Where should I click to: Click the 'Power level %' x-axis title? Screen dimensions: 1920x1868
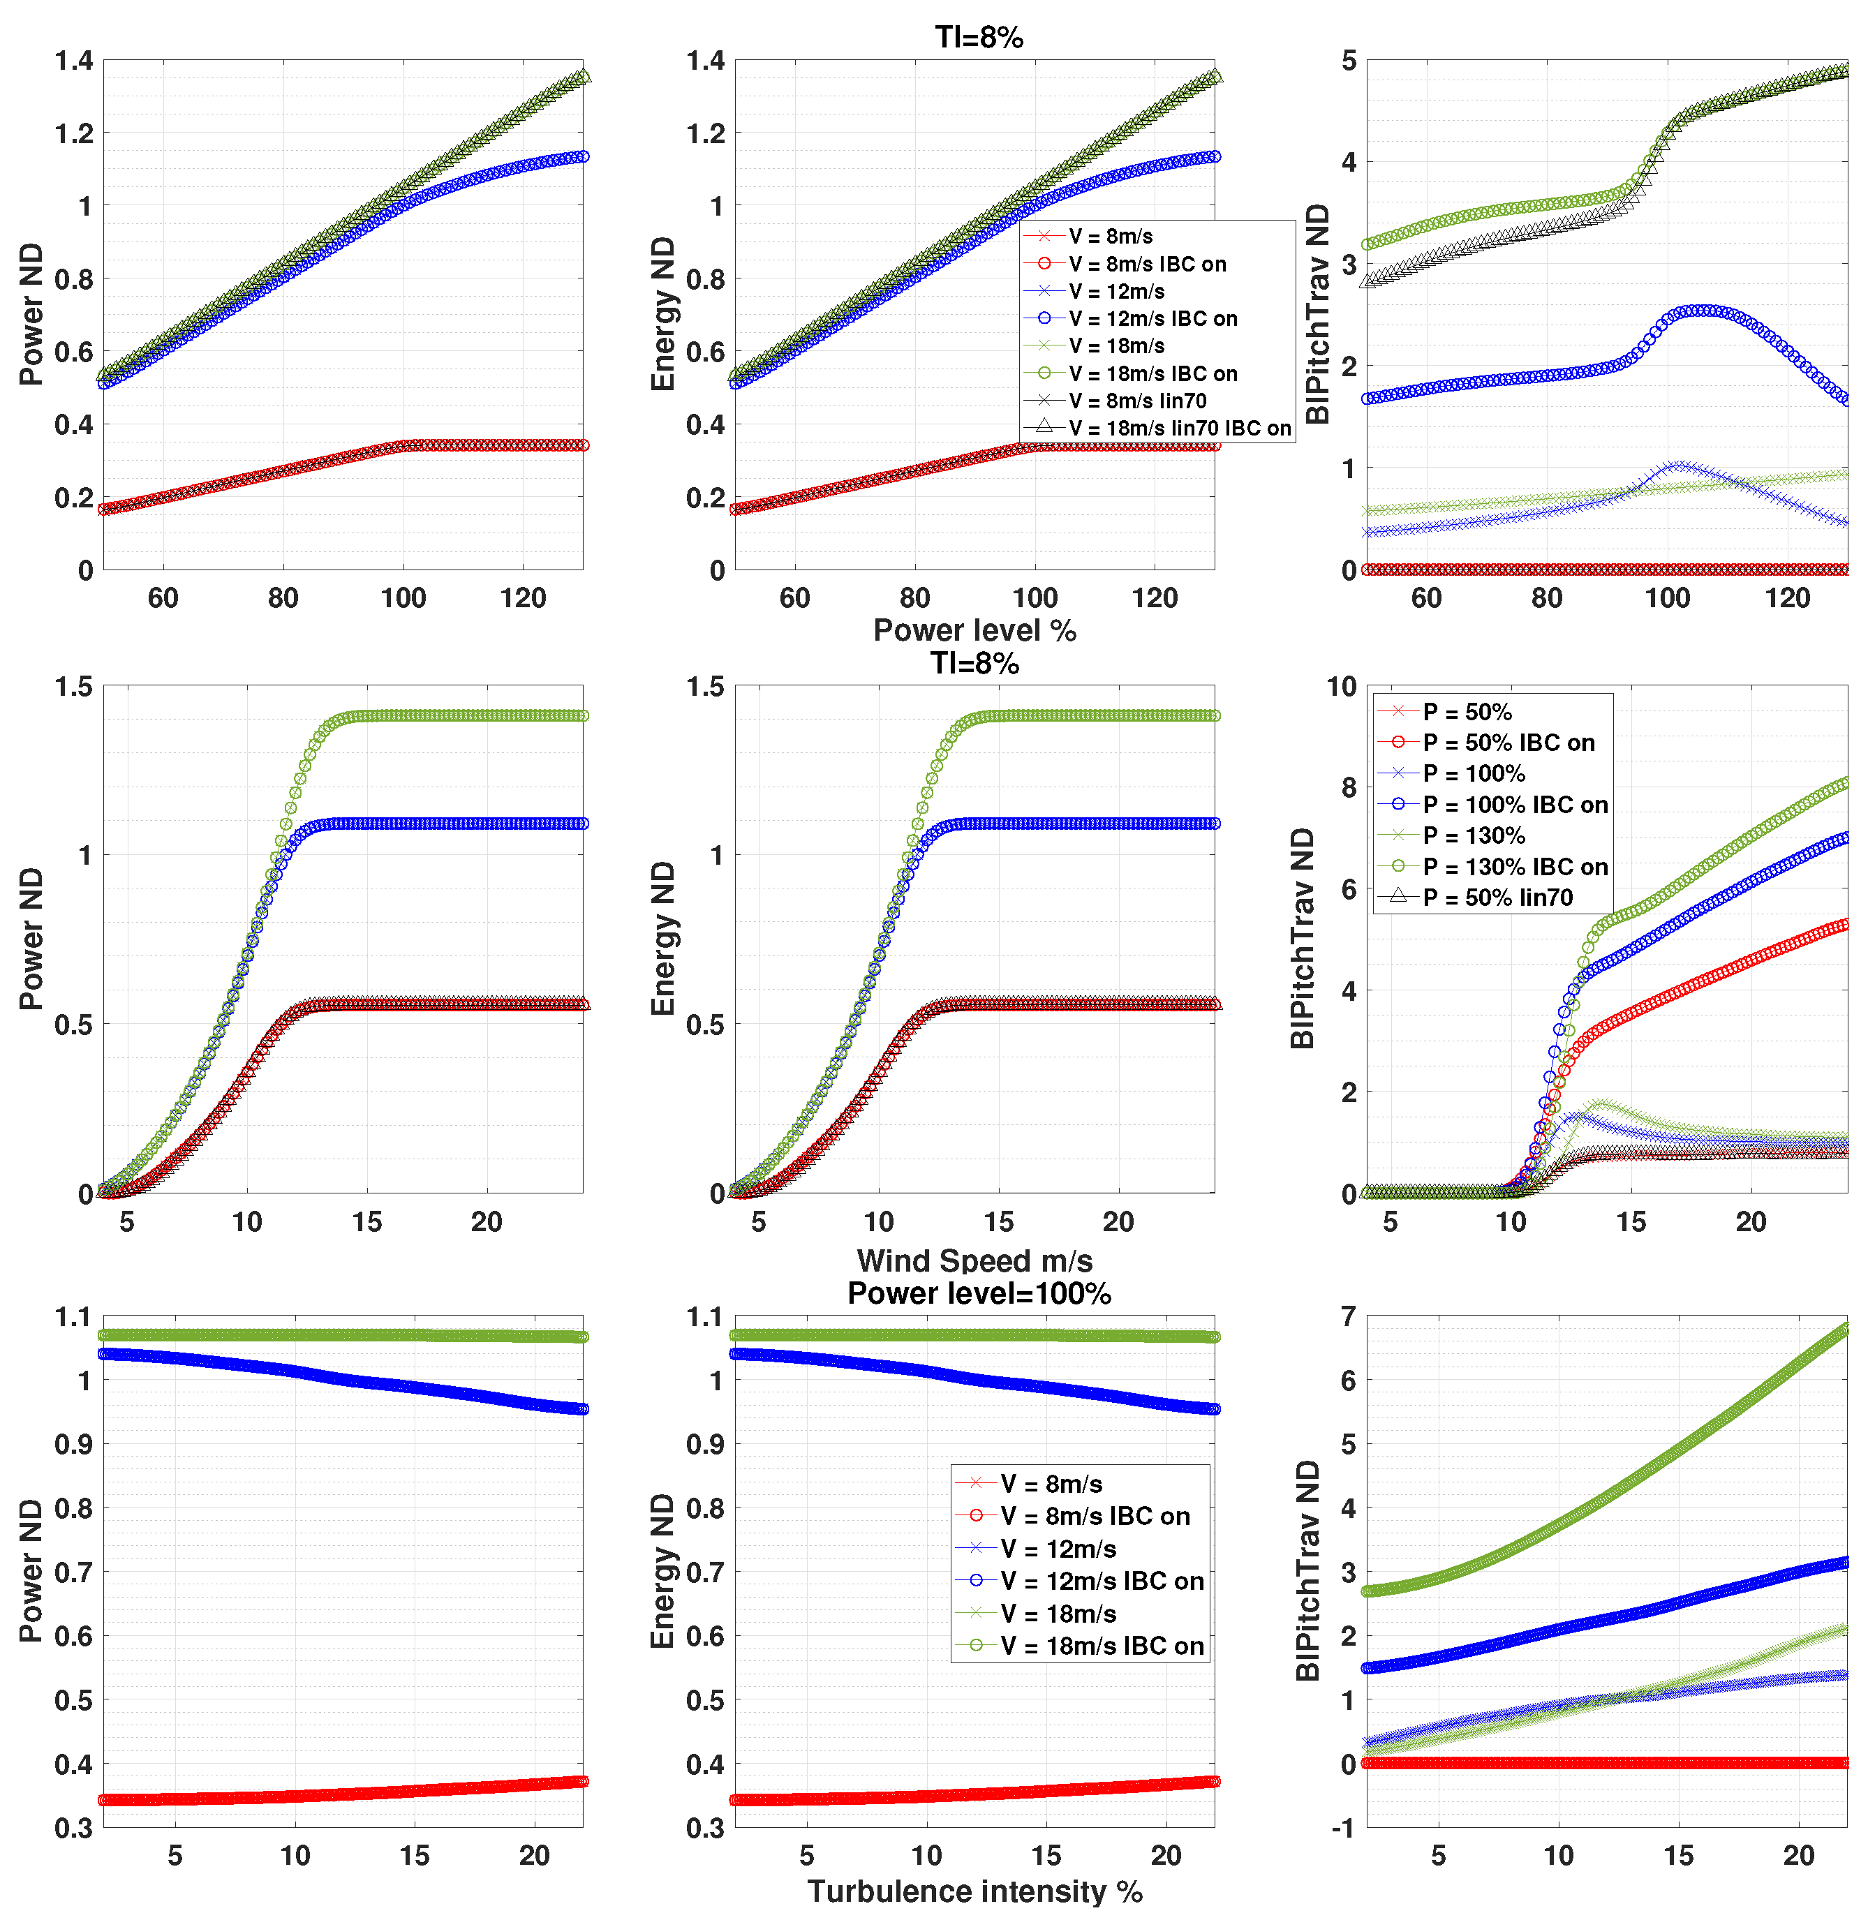click(x=974, y=630)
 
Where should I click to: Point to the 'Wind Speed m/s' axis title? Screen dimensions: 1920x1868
click(x=974, y=1260)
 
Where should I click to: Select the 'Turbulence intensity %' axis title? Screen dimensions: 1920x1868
click(x=974, y=1891)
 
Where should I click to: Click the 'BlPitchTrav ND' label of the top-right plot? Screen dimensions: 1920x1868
click(x=1318, y=314)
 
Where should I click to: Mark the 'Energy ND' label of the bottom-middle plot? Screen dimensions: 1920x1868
click(x=663, y=1570)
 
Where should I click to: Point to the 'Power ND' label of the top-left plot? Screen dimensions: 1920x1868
click(x=31, y=314)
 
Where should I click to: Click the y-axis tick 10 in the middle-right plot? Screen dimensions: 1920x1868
click(x=1341, y=687)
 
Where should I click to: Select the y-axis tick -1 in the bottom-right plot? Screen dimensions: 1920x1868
click(x=1343, y=1826)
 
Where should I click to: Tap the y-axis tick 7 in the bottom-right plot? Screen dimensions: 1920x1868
click(x=1348, y=1316)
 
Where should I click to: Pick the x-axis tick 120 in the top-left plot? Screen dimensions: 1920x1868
click(x=523, y=597)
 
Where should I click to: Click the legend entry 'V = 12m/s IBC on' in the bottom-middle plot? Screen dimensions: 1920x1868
click(x=1102, y=1581)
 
